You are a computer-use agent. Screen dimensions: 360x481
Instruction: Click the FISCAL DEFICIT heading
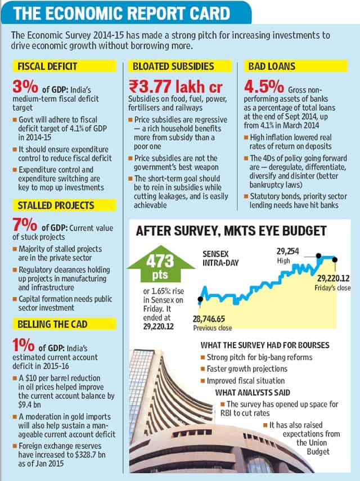47,66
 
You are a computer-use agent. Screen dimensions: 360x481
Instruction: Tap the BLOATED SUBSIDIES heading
173,66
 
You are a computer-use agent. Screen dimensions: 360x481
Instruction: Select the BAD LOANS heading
272,66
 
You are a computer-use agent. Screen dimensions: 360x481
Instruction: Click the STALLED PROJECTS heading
56,205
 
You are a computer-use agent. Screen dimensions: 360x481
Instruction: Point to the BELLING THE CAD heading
52,324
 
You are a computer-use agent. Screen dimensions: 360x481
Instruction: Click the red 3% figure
25,87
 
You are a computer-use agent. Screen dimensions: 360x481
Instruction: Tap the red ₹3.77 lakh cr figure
175,87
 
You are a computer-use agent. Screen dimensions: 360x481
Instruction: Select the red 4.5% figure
264,87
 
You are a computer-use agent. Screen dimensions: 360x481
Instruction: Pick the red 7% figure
25,225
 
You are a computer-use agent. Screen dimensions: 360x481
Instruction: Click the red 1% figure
23,345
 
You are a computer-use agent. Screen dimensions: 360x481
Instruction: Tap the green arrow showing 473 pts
160,264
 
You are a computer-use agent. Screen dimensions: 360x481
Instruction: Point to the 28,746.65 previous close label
209,319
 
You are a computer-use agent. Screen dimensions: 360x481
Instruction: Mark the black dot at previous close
200,299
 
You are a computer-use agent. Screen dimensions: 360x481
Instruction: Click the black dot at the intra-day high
318,255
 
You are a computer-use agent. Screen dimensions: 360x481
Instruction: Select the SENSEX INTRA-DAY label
220,258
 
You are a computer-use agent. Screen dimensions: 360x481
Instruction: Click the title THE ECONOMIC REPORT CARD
121,13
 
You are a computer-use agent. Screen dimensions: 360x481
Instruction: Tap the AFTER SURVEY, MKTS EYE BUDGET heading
231,231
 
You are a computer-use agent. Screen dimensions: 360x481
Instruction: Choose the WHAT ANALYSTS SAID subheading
253,392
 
